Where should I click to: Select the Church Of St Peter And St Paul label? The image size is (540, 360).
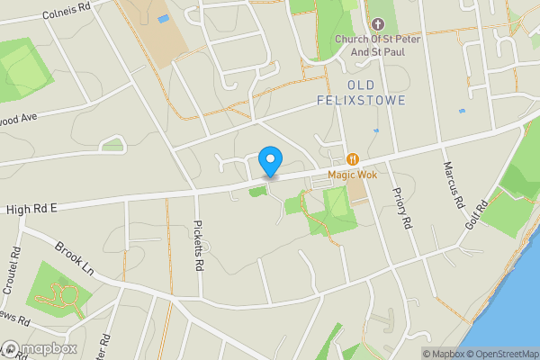tap(376, 44)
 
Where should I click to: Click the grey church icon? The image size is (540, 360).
tap(376, 23)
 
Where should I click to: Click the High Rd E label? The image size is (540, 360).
tap(31, 209)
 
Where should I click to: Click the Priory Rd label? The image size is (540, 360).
tap(401, 209)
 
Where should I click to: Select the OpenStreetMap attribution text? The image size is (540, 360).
tap(499, 354)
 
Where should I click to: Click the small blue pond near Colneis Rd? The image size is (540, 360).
tap(163, 18)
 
